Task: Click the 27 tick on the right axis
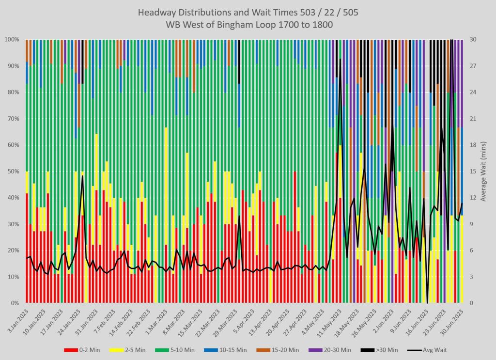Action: (473, 66)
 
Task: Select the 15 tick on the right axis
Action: (473, 172)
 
